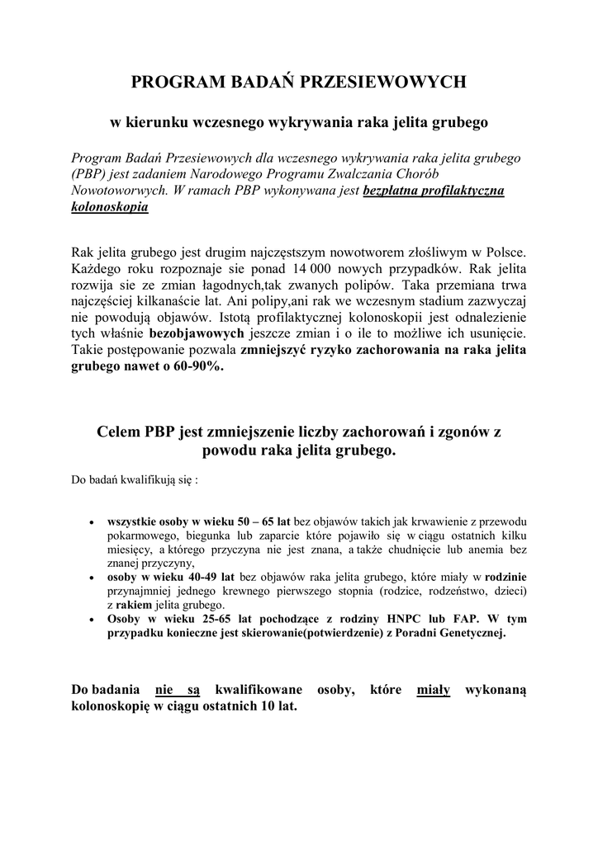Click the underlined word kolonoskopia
click(110, 207)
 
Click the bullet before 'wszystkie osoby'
click(90, 522)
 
